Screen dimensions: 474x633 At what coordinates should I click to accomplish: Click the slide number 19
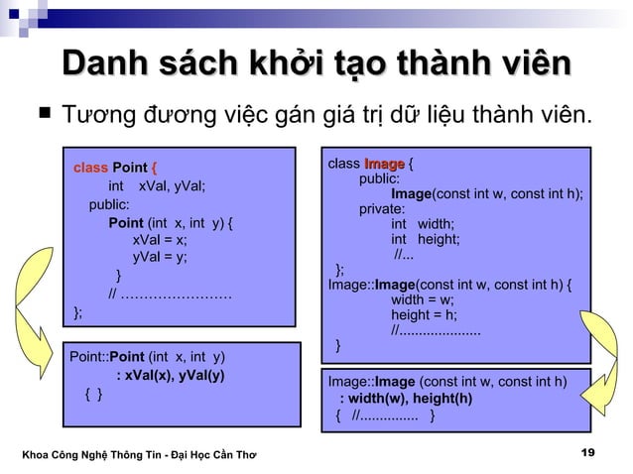tap(588, 453)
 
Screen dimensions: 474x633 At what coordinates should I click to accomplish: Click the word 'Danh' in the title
tap(106, 66)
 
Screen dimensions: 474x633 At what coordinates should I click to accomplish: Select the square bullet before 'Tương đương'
tap(42, 117)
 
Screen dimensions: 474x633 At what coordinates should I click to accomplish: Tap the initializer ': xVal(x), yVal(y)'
tap(170, 375)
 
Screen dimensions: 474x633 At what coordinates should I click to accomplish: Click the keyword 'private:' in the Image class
tap(382, 209)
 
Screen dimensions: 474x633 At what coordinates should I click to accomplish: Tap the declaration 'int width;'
tap(422, 224)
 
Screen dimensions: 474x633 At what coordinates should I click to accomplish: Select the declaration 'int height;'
tap(425, 240)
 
